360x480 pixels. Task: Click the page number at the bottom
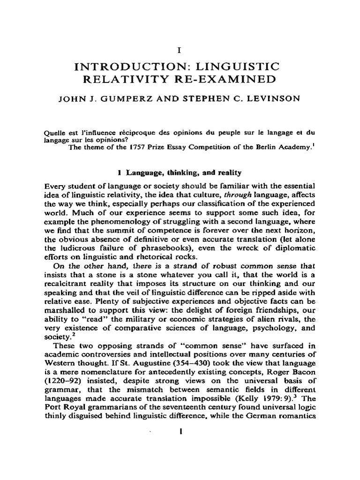tap(180, 446)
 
